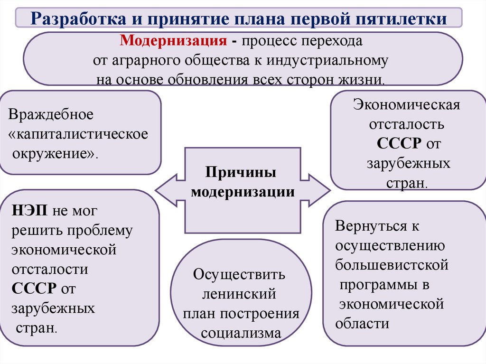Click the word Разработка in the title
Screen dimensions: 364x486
tap(77, 19)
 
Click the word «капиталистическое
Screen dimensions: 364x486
tap(79, 134)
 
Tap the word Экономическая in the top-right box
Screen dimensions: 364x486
tap(406, 104)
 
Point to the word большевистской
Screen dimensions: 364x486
tap(392, 265)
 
